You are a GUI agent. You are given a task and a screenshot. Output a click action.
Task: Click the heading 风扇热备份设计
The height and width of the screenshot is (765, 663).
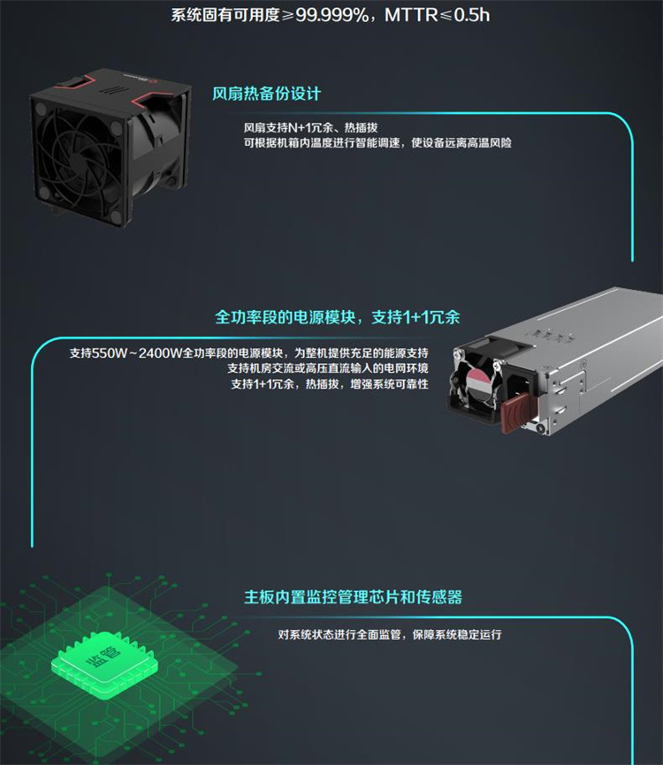pos(266,93)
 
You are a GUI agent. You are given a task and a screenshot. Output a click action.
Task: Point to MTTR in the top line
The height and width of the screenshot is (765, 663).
pos(412,15)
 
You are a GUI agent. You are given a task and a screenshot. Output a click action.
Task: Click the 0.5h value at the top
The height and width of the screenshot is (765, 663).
pos(472,15)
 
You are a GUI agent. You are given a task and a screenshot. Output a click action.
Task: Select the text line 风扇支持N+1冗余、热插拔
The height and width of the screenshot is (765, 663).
pos(311,128)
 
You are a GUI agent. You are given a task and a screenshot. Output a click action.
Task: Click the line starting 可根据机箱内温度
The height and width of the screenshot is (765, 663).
pos(377,142)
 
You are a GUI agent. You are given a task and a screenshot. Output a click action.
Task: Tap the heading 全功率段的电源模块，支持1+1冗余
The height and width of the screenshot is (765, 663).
pos(338,317)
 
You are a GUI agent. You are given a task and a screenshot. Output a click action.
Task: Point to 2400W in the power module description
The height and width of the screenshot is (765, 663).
pos(160,352)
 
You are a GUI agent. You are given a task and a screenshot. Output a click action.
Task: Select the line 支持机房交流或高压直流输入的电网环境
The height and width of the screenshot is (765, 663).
pos(328,367)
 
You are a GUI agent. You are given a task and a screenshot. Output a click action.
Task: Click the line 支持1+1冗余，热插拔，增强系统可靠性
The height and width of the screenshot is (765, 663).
pos(330,384)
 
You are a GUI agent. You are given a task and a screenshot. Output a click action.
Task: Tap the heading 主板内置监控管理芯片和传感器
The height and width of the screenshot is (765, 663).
pos(353,596)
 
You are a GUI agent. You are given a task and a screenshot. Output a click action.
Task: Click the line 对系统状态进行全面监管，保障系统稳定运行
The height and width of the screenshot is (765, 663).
pos(390,634)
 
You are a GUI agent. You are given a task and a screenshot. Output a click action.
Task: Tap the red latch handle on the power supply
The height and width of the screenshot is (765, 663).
pos(514,408)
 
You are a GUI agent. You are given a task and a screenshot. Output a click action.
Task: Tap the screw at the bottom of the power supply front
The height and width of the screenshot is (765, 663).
pos(540,428)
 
